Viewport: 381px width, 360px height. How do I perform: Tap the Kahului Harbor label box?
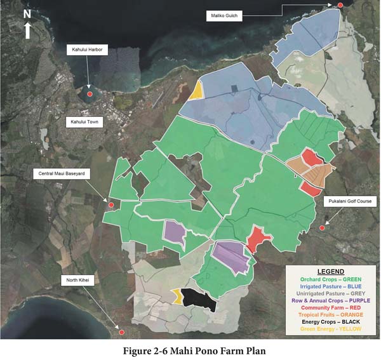[x=88, y=49]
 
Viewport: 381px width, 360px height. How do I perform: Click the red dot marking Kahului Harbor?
[x=90, y=94]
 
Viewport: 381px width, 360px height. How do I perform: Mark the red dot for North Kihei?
[x=121, y=331]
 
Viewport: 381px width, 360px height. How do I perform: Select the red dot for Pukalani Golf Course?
[x=322, y=228]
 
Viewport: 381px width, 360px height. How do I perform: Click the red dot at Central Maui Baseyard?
[x=110, y=204]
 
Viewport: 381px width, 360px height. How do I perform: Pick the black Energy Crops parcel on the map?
[x=197, y=299]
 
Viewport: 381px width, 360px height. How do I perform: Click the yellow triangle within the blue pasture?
[x=196, y=91]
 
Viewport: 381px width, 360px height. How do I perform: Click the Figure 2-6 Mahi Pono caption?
[x=190, y=350]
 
